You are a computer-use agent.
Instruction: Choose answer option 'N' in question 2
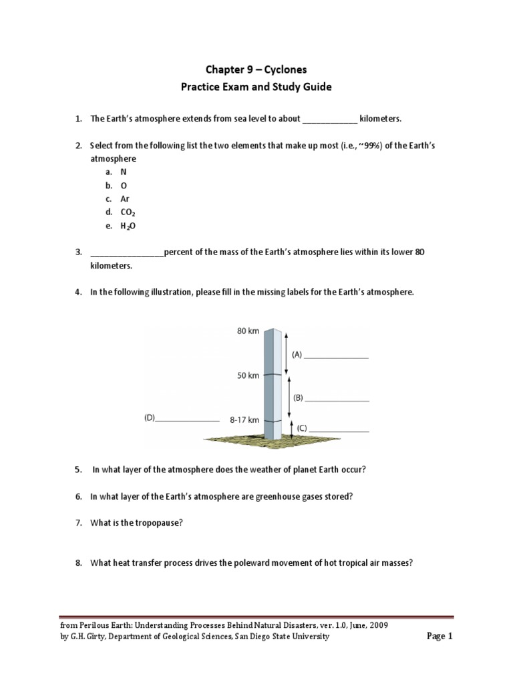point(124,172)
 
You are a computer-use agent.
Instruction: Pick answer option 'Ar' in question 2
point(125,199)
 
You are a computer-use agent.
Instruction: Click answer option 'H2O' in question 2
point(128,226)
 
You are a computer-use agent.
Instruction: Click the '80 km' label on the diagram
point(248,331)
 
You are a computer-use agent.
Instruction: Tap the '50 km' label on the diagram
point(248,375)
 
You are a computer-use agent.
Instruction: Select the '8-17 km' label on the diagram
point(244,420)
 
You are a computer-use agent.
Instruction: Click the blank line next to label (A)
point(337,357)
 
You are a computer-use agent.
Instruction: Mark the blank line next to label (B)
point(337,399)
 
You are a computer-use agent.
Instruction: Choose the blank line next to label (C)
point(339,430)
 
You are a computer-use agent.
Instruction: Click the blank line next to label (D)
point(187,419)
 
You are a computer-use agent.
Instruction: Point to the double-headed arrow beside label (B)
point(288,397)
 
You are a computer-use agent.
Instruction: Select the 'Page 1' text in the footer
point(440,637)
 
